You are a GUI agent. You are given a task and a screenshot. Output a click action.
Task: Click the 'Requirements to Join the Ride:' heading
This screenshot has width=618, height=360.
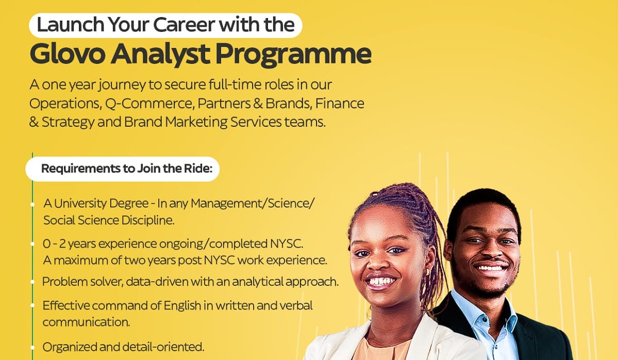pos(123,169)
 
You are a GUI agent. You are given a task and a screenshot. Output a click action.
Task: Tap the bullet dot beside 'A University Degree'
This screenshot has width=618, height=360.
pos(32,203)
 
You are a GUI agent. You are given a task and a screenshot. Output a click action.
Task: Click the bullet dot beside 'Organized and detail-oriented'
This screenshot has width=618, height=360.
pos(32,347)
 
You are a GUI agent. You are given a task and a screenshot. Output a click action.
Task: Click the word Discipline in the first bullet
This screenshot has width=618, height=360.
pos(149,220)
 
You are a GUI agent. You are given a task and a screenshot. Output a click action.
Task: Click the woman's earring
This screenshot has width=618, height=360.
pos(427,272)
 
